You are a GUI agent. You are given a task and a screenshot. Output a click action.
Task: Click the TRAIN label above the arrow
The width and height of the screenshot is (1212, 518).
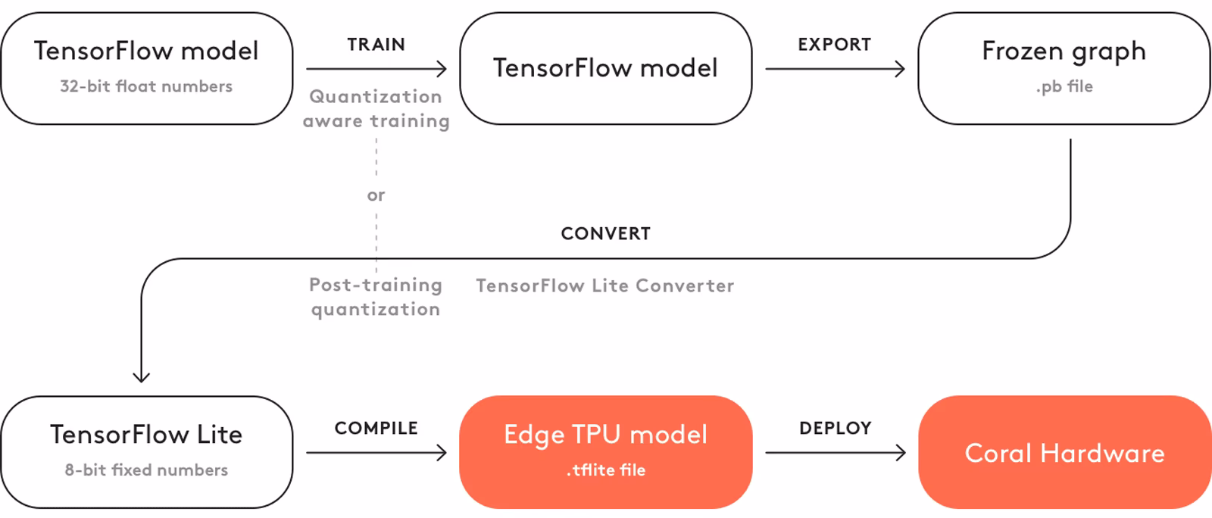point(376,45)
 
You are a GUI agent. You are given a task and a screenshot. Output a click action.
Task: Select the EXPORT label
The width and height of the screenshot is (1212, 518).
point(834,45)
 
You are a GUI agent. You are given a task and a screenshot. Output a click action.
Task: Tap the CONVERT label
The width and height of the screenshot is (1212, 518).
point(605,233)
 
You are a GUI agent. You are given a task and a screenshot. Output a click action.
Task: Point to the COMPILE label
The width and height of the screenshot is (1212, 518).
point(376,428)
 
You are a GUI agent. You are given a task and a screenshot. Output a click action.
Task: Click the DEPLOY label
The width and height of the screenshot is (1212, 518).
point(835,428)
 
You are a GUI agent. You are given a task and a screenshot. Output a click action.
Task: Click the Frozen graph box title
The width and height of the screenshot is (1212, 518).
point(1064,51)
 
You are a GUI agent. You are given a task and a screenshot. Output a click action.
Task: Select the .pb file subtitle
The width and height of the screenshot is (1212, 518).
point(1064,86)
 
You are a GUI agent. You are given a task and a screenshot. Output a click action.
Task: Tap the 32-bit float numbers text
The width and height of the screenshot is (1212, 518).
point(146,86)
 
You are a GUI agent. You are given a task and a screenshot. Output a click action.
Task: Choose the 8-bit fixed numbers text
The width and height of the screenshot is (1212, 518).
point(146,470)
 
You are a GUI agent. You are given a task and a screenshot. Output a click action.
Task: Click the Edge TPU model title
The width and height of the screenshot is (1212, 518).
point(605,434)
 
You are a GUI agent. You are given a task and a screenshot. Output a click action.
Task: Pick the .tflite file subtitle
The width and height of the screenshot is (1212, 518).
point(605,470)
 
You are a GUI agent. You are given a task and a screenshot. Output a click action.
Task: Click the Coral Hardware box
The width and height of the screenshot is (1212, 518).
point(1064,453)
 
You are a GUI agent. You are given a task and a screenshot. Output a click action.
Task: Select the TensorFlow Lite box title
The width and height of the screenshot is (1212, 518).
point(146,434)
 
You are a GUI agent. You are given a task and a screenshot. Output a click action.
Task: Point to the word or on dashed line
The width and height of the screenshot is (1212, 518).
point(376,195)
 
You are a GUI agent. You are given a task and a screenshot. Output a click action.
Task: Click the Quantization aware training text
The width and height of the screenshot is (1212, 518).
point(376,108)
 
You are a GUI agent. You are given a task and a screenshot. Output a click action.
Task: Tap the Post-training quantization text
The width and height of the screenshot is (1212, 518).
point(376,297)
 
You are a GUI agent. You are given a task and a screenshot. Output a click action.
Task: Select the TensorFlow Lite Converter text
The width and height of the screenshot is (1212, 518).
point(604,286)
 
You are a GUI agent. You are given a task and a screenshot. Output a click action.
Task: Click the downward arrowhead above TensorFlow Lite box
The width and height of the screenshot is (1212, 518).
point(141,376)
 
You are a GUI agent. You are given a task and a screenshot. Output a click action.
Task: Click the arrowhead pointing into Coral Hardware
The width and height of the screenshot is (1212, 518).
point(900,453)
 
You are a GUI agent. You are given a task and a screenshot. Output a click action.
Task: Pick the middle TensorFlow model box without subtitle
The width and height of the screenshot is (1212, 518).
point(605,68)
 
